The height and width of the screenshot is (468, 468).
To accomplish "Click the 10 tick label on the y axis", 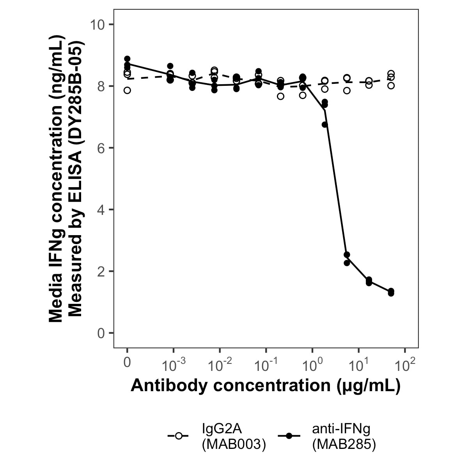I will [98, 25].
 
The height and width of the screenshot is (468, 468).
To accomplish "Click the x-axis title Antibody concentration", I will [266, 385].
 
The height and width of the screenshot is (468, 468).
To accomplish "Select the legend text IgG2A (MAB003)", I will [234, 436].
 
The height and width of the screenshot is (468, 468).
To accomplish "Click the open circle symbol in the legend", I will [179, 436].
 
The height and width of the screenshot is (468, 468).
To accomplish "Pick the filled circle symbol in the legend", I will [289, 436].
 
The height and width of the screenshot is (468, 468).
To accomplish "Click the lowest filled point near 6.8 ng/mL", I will [325, 124].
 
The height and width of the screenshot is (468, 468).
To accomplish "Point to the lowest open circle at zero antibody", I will [127, 90].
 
